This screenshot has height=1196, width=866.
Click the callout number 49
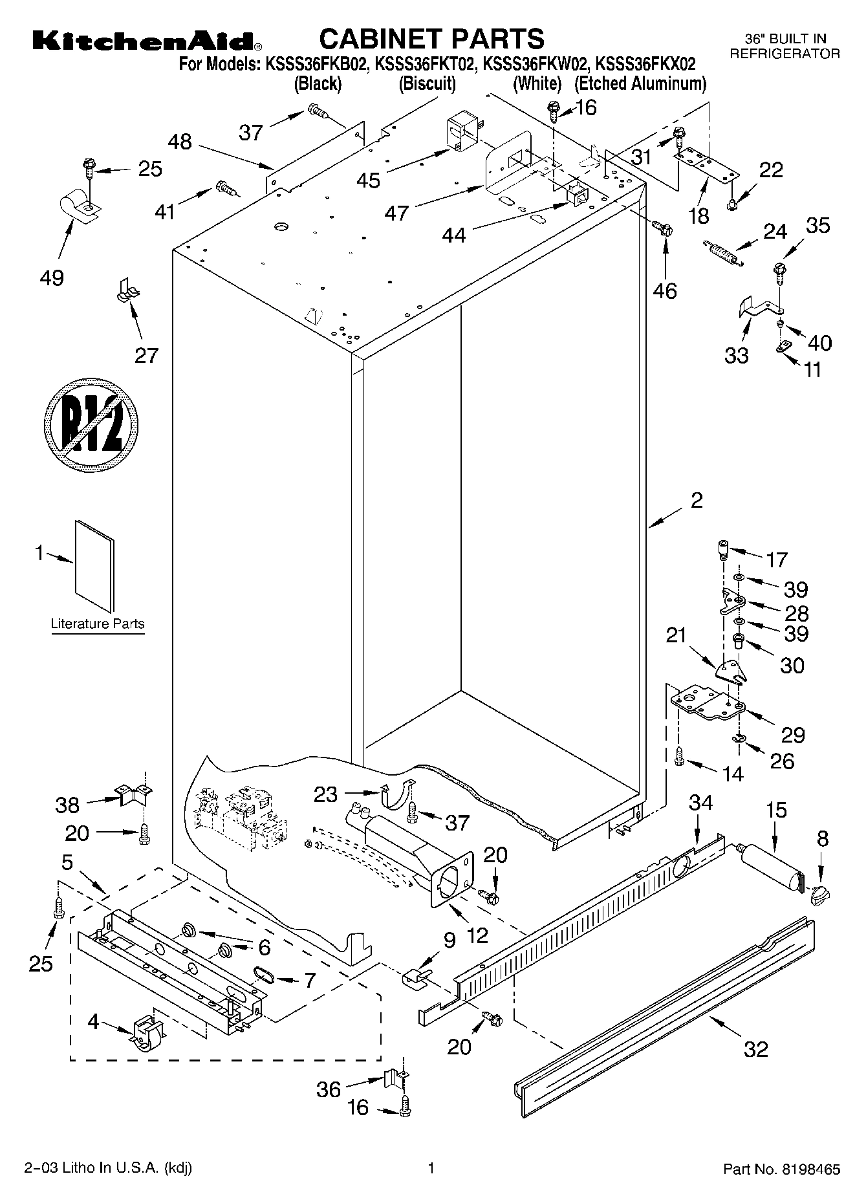(x=52, y=278)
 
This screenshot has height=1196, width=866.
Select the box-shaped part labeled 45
(x=460, y=134)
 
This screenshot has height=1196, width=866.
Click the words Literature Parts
(x=98, y=624)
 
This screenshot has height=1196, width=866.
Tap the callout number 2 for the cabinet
(x=696, y=500)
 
